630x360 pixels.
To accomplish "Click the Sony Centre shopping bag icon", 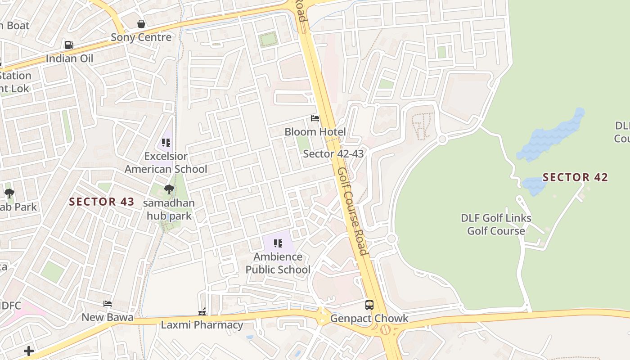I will click(141, 24).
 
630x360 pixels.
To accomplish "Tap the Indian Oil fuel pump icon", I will click(69, 45).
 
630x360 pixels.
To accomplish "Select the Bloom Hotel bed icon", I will click(315, 118).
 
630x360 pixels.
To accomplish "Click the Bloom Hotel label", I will click(315, 132).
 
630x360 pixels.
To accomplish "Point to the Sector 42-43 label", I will click(333, 154).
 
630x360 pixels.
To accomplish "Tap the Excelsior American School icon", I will click(166, 143).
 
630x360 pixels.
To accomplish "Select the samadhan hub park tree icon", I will click(169, 189).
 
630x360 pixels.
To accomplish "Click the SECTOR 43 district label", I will click(102, 202).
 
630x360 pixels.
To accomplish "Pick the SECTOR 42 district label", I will click(575, 177).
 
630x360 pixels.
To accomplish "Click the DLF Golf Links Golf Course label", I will click(496, 225).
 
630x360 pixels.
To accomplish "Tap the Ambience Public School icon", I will click(278, 243).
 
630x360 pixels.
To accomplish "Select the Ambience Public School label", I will click(278, 263).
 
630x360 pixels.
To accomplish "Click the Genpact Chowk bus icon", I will click(369, 305).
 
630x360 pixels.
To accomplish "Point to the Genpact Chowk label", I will click(369, 319).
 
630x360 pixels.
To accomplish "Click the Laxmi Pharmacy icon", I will click(202, 311).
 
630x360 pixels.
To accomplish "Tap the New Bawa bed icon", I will click(108, 304).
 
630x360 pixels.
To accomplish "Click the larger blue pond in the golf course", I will click(551, 135).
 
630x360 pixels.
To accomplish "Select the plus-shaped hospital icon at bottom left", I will click(29, 351).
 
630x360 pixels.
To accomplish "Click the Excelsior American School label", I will click(166, 162).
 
